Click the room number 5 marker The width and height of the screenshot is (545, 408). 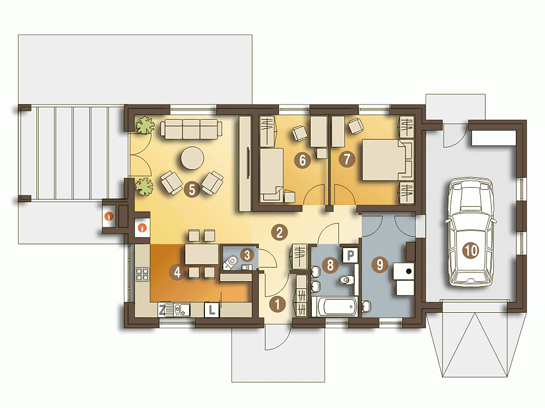192,189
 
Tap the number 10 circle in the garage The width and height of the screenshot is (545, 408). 471,250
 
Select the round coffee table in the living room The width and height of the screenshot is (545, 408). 192,158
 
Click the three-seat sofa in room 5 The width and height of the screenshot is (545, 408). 191,129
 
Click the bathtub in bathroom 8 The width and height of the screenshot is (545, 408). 335,306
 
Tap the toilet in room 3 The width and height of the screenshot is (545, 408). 231,263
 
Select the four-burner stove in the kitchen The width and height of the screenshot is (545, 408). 142,274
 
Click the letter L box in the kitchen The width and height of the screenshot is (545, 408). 212,310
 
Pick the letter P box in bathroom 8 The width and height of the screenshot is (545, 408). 350,255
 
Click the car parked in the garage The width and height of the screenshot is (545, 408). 471,232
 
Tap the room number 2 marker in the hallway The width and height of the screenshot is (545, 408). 280,232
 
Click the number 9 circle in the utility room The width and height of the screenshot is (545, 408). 379,265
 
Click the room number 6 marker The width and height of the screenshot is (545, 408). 302,160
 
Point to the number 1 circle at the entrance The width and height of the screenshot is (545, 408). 277,304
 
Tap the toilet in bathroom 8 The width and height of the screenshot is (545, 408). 347,280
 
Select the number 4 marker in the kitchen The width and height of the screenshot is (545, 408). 177,273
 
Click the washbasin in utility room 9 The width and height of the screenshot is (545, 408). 366,306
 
